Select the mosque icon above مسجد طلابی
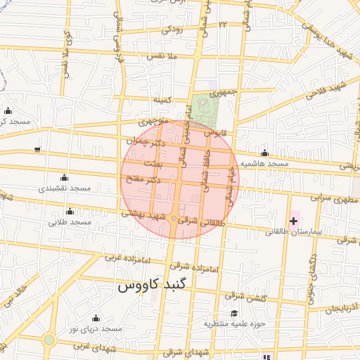tap(69, 211)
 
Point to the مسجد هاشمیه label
tap(264, 163)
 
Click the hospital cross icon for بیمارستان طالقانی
tap(293, 221)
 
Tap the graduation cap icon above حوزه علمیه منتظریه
tap(233, 313)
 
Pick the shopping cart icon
tap(37, 150)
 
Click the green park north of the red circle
tap(206, 109)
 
